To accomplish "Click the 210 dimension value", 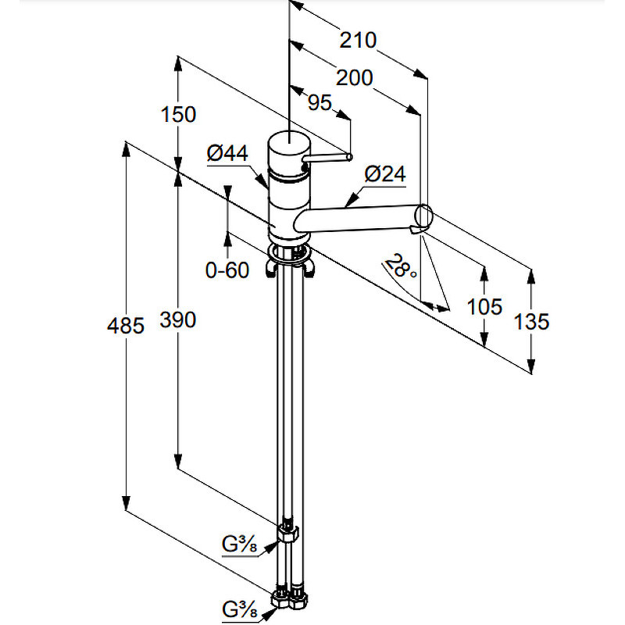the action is coord(358,41).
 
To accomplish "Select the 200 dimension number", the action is coord(355,77).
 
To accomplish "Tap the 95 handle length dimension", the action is coord(320,103).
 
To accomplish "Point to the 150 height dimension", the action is coord(178,114).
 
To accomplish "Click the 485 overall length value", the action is coord(125,326).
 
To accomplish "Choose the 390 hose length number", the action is coord(178,320).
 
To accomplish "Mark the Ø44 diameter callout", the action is coord(227,153).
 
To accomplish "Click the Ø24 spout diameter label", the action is coord(385,174).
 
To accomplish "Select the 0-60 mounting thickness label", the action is coord(227,270).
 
